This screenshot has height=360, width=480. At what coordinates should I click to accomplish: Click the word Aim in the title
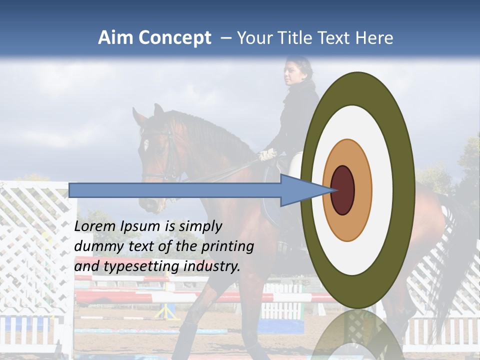tap(116, 38)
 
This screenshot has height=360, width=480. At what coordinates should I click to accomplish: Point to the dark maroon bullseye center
tap(343, 190)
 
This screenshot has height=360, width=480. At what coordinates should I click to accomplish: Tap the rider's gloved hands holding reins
tap(267, 154)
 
